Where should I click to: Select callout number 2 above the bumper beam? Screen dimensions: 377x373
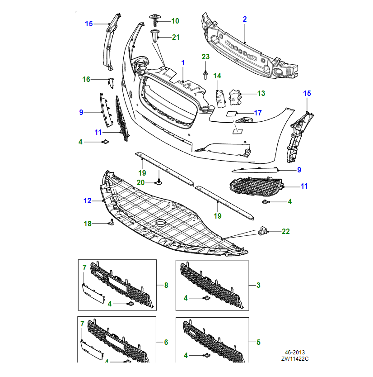(245, 19)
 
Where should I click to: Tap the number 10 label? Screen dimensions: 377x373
(175, 21)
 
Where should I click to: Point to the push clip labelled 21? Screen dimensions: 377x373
(155, 35)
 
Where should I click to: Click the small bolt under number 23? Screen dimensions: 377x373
(205, 74)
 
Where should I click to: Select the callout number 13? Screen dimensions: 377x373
(261, 93)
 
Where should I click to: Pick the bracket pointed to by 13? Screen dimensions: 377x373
(234, 97)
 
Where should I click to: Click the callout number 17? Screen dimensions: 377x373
(258, 113)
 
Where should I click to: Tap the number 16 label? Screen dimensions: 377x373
(86, 79)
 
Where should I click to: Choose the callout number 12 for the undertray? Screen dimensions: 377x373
(87, 200)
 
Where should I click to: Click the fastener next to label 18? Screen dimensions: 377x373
(111, 222)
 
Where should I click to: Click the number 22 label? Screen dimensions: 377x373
(285, 231)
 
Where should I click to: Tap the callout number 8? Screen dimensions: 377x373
(166, 285)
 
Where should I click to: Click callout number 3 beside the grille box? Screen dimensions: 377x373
(258, 285)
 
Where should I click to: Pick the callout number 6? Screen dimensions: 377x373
(166, 343)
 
